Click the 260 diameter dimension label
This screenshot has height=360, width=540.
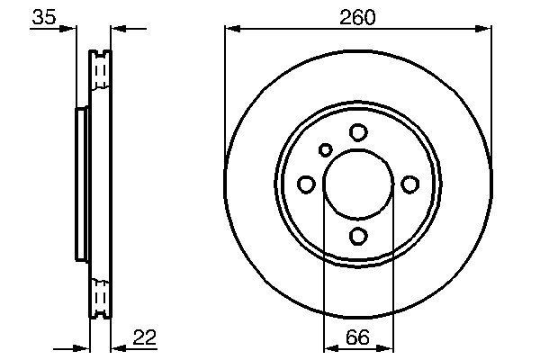point(357,16)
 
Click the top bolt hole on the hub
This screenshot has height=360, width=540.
point(358,132)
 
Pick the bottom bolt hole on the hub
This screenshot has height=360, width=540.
point(358,236)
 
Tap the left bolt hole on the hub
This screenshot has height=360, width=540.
point(306,184)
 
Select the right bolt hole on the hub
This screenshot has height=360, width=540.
point(410,184)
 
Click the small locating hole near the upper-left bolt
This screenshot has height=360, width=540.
point(326,149)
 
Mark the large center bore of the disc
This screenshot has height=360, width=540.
point(358,184)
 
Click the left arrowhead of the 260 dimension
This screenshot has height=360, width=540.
point(230,30)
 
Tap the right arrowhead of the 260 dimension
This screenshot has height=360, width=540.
point(486,30)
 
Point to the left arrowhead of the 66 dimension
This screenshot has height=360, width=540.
point(328,348)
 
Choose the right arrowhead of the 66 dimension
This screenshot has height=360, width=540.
point(388,348)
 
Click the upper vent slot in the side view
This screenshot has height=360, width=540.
point(101,71)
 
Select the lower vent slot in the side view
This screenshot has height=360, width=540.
point(101,296)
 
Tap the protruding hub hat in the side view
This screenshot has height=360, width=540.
point(79,184)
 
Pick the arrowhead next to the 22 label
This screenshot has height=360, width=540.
point(116,348)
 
